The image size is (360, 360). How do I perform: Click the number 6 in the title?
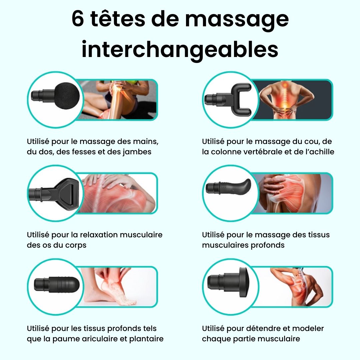click(78, 20)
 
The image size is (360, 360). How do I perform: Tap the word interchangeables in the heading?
click(180, 49)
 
